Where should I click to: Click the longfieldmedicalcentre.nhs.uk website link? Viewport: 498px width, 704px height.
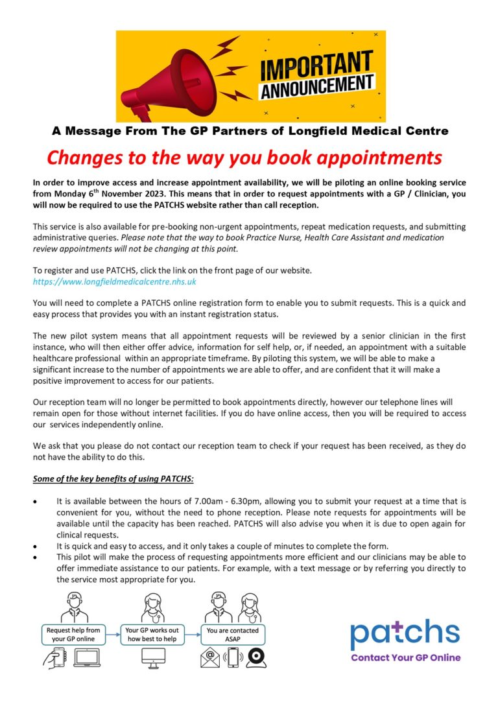[x=115, y=282]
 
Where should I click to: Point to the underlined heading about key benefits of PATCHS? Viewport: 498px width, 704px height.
[x=114, y=479]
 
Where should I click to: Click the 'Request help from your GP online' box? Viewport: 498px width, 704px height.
[x=73, y=634]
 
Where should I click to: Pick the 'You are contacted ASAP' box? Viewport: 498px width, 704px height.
[x=232, y=634]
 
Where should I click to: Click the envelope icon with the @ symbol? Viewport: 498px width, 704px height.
[x=210, y=657]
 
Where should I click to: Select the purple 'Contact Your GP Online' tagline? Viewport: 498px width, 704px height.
[x=405, y=657]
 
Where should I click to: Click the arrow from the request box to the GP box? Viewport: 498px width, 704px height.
[x=114, y=634]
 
